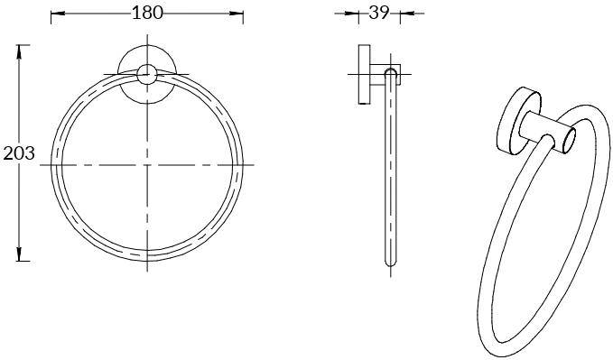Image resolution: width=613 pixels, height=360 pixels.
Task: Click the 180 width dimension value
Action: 147,13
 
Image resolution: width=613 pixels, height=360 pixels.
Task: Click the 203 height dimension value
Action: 19,153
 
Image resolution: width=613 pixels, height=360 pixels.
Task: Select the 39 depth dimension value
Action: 379,14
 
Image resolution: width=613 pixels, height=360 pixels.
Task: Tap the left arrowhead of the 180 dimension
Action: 58,14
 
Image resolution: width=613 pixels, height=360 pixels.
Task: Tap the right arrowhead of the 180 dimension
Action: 237,14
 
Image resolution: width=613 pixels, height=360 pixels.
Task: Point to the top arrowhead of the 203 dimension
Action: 18,52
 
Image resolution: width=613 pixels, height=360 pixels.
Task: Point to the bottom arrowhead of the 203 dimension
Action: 18,254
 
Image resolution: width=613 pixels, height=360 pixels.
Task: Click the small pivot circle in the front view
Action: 147,74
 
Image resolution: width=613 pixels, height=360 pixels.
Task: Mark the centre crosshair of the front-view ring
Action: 147,165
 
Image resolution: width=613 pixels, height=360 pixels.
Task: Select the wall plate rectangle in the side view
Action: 365,74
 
